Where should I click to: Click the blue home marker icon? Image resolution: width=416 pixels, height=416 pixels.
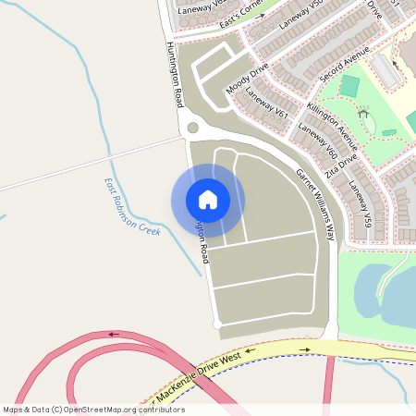tap(208, 200)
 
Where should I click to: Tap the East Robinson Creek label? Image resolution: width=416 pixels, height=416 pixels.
tap(132, 207)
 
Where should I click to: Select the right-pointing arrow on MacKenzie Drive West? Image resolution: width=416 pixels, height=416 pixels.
tap(305, 350)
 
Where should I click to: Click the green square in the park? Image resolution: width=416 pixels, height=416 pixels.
tap(349, 86)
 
